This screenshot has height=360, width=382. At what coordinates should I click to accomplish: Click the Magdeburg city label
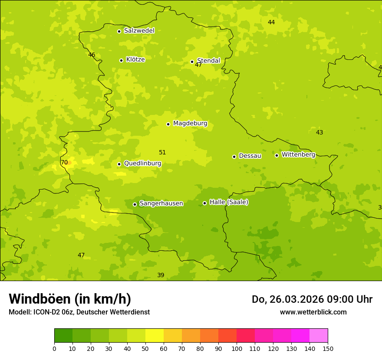click(190, 124)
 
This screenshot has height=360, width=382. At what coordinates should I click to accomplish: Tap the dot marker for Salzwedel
click(119, 31)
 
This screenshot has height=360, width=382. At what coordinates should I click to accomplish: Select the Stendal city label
click(208, 61)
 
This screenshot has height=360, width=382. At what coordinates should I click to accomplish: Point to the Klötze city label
click(135, 59)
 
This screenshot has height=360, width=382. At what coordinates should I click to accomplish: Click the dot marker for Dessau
click(234, 157)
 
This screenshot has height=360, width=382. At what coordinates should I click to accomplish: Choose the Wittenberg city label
click(298, 154)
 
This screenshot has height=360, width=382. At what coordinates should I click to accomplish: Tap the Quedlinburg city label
click(142, 164)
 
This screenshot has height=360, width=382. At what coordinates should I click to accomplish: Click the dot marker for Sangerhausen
click(135, 204)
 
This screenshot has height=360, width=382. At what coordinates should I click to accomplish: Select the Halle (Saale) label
click(229, 202)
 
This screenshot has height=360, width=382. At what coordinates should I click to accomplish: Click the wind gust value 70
click(64, 163)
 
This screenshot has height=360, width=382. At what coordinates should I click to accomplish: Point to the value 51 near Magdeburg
click(162, 153)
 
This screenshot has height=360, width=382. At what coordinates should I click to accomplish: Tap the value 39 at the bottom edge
click(161, 275)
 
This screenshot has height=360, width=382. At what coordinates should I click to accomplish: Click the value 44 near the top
click(271, 23)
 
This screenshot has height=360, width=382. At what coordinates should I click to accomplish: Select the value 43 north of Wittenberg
click(319, 133)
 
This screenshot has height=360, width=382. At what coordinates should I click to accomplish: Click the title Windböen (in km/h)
click(70, 299)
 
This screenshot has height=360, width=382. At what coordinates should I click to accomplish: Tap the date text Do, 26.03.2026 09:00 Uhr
click(312, 299)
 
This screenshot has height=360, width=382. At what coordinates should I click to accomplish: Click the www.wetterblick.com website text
click(313, 312)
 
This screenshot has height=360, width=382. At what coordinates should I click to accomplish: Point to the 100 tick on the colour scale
click(237, 349)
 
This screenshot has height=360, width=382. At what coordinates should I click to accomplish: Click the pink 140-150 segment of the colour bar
click(319, 336)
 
